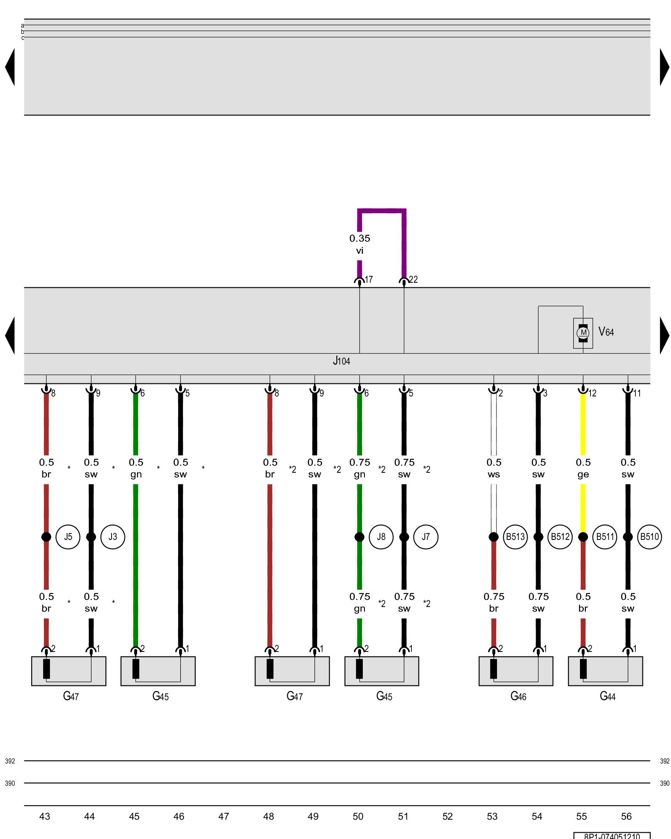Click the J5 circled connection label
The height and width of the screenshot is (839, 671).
pos(68,537)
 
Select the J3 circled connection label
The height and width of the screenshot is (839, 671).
pos(113,537)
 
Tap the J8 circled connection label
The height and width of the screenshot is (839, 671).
pos(381,537)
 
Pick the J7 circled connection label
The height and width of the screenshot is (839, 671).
pos(426,537)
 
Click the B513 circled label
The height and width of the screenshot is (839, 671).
pos(515,537)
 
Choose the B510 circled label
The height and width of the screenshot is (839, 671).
pos(649,537)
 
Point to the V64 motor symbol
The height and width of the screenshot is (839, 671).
pos(583,333)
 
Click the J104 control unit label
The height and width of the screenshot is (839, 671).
pos(341,361)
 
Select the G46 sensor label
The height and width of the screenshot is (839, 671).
pos(518,696)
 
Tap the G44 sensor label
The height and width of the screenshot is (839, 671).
pos(608,696)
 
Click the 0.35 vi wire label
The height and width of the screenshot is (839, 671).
pos(360,244)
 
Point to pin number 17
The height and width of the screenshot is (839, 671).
pos(369,280)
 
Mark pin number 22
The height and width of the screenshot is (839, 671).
pos(414,280)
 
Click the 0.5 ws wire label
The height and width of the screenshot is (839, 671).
pos(494,468)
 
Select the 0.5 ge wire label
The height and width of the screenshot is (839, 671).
pos(583,468)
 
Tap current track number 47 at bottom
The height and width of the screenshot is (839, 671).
pos(224,816)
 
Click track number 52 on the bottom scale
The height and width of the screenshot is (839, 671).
pos(447,816)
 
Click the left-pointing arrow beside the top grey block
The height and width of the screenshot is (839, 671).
pos(10,67)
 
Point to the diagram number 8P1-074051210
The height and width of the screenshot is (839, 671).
pos(612,836)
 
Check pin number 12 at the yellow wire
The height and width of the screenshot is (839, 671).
pos(592,393)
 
